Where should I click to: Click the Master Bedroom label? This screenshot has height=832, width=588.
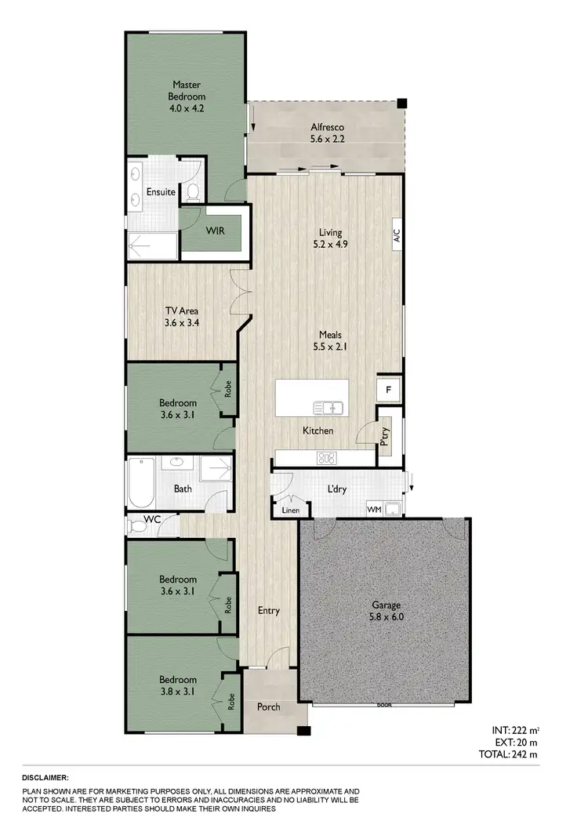[x=188, y=96]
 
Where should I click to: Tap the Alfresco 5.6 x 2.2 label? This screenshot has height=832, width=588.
[x=327, y=133]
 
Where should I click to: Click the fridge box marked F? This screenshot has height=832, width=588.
[x=387, y=390]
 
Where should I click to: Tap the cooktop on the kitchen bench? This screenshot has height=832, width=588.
[x=327, y=458]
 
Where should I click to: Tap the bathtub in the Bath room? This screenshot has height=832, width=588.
[x=144, y=482]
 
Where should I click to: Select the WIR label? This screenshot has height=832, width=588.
[x=217, y=231]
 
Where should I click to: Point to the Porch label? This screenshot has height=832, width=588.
[x=269, y=707]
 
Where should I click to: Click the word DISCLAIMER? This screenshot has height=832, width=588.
[x=46, y=776]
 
